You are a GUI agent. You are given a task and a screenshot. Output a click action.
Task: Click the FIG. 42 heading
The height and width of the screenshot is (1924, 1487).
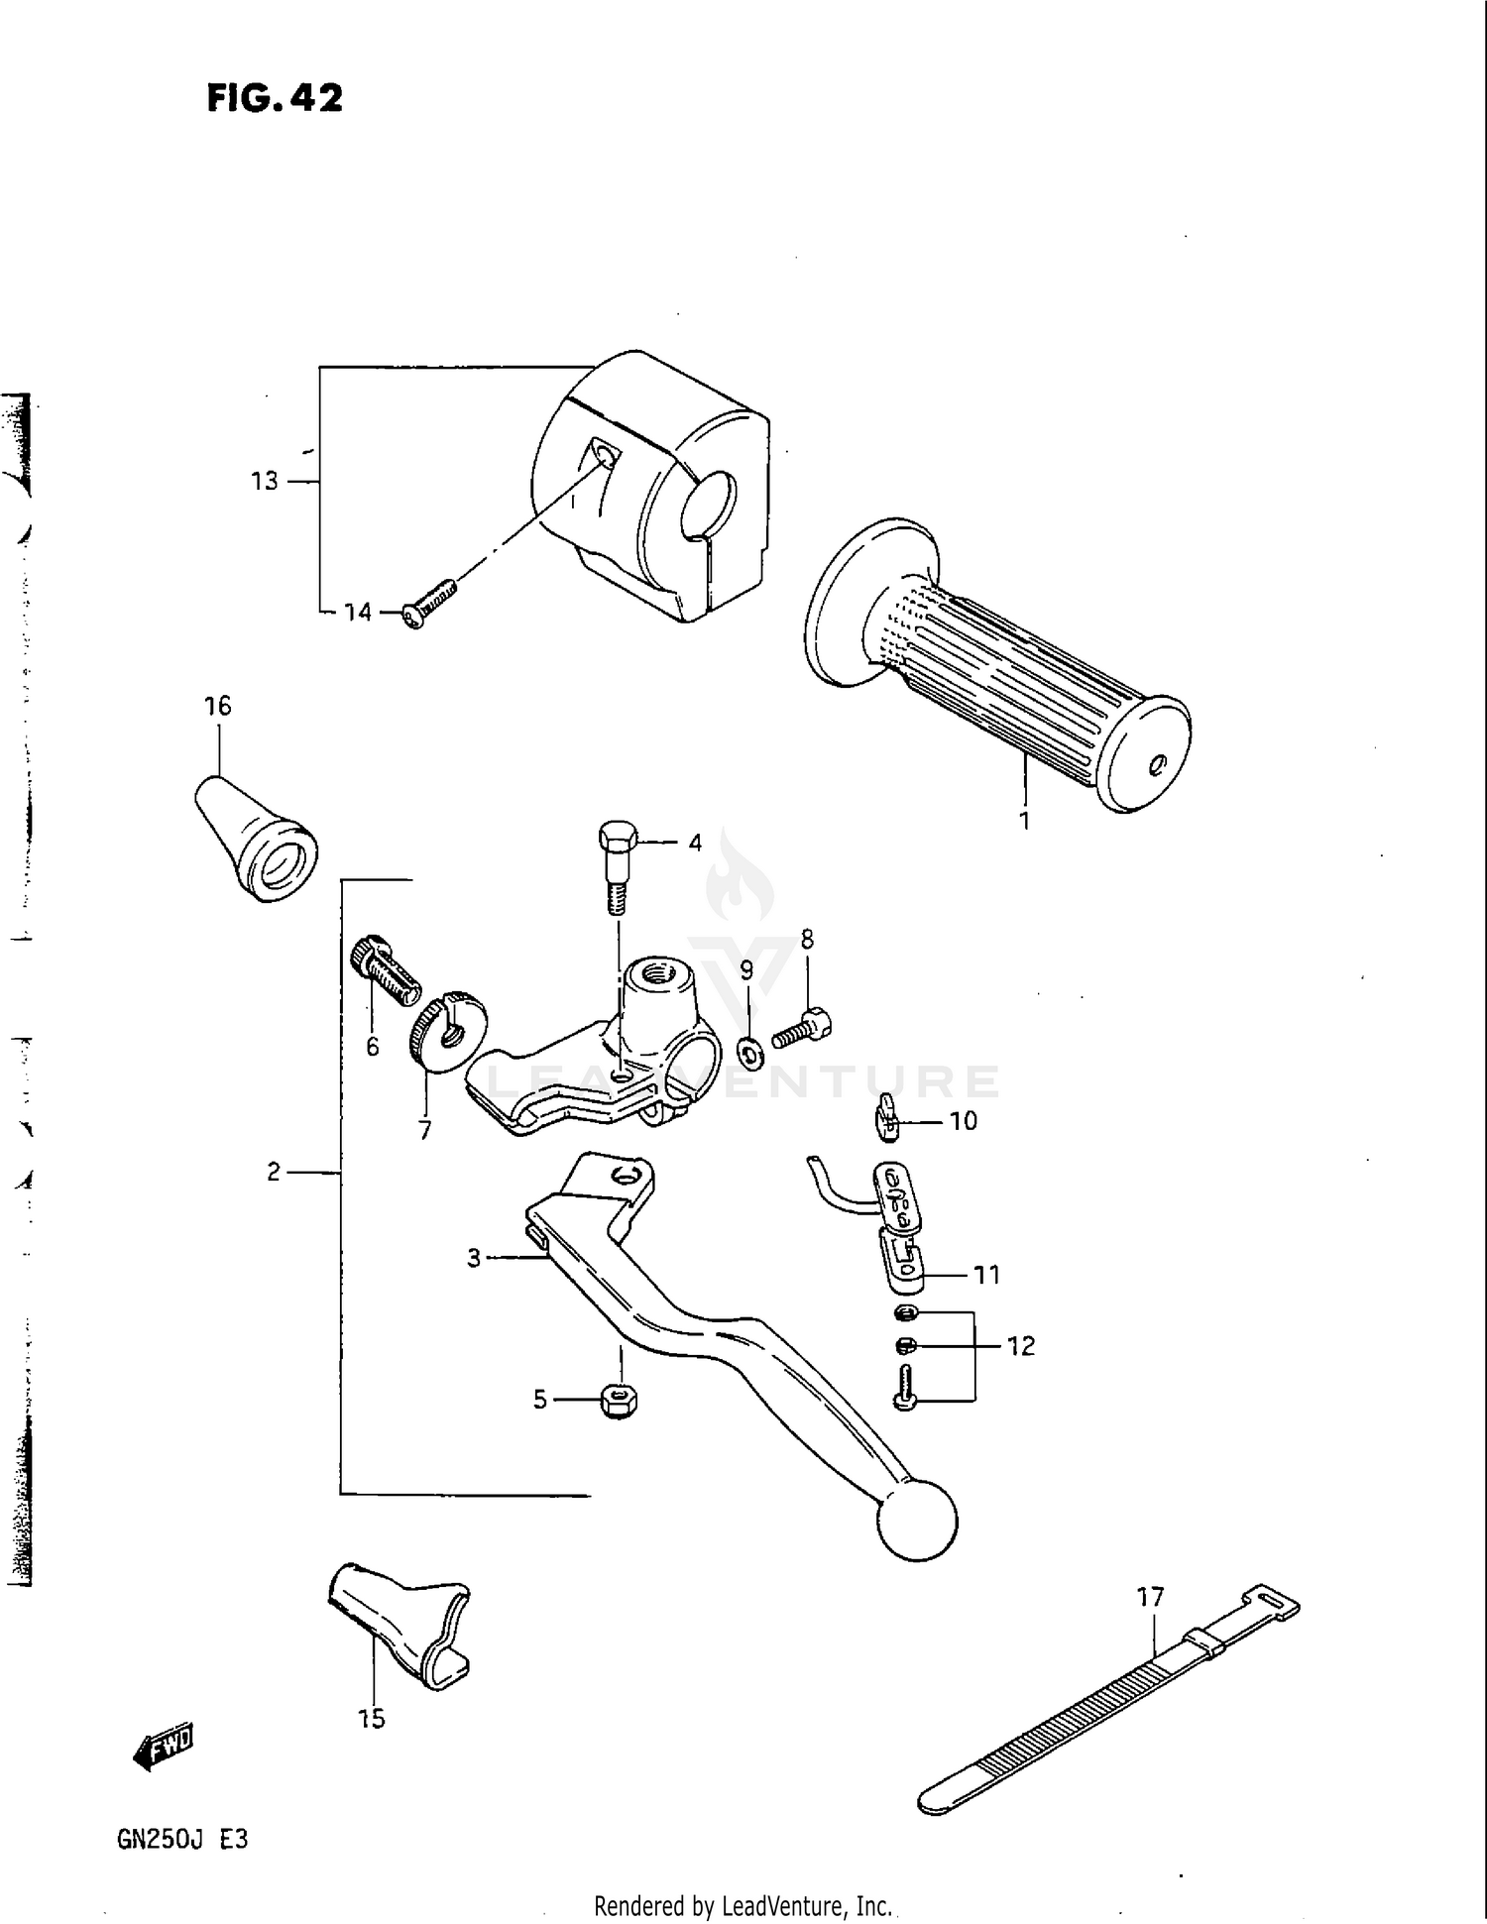coord(275,98)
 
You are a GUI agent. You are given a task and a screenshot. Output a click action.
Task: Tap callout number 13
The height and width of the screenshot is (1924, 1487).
coord(265,482)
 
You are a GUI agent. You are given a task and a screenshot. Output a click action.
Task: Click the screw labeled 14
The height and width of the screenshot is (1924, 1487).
coord(429,605)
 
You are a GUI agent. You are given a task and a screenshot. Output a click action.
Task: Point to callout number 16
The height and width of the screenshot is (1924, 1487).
coord(217,706)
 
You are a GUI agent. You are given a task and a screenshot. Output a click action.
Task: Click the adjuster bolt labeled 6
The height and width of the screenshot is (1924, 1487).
coord(385,968)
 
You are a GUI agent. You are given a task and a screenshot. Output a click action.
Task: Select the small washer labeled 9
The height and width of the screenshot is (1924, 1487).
coord(750,1052)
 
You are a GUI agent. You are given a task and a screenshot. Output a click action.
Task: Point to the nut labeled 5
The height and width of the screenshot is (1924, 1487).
coord(620,1401)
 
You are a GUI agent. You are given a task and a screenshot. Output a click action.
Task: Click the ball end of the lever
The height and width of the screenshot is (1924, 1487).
coord(917,1520)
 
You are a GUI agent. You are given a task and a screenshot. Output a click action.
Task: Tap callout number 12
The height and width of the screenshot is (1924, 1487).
coord(1020,1346)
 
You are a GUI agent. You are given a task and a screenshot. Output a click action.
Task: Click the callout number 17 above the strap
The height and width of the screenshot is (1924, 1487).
coord(1150,1597)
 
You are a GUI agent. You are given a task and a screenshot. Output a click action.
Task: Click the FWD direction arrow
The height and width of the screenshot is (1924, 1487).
coord(165,1750)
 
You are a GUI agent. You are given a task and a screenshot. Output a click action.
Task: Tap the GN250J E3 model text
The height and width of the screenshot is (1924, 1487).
coord(182,1840)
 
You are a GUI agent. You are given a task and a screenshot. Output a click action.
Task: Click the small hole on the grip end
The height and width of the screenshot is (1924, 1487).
coord(1156,764)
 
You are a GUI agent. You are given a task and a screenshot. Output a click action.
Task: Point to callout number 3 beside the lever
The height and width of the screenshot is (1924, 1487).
coord(474,1258)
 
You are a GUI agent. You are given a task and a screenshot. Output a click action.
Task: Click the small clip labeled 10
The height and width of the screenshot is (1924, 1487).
coord(886,1116)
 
